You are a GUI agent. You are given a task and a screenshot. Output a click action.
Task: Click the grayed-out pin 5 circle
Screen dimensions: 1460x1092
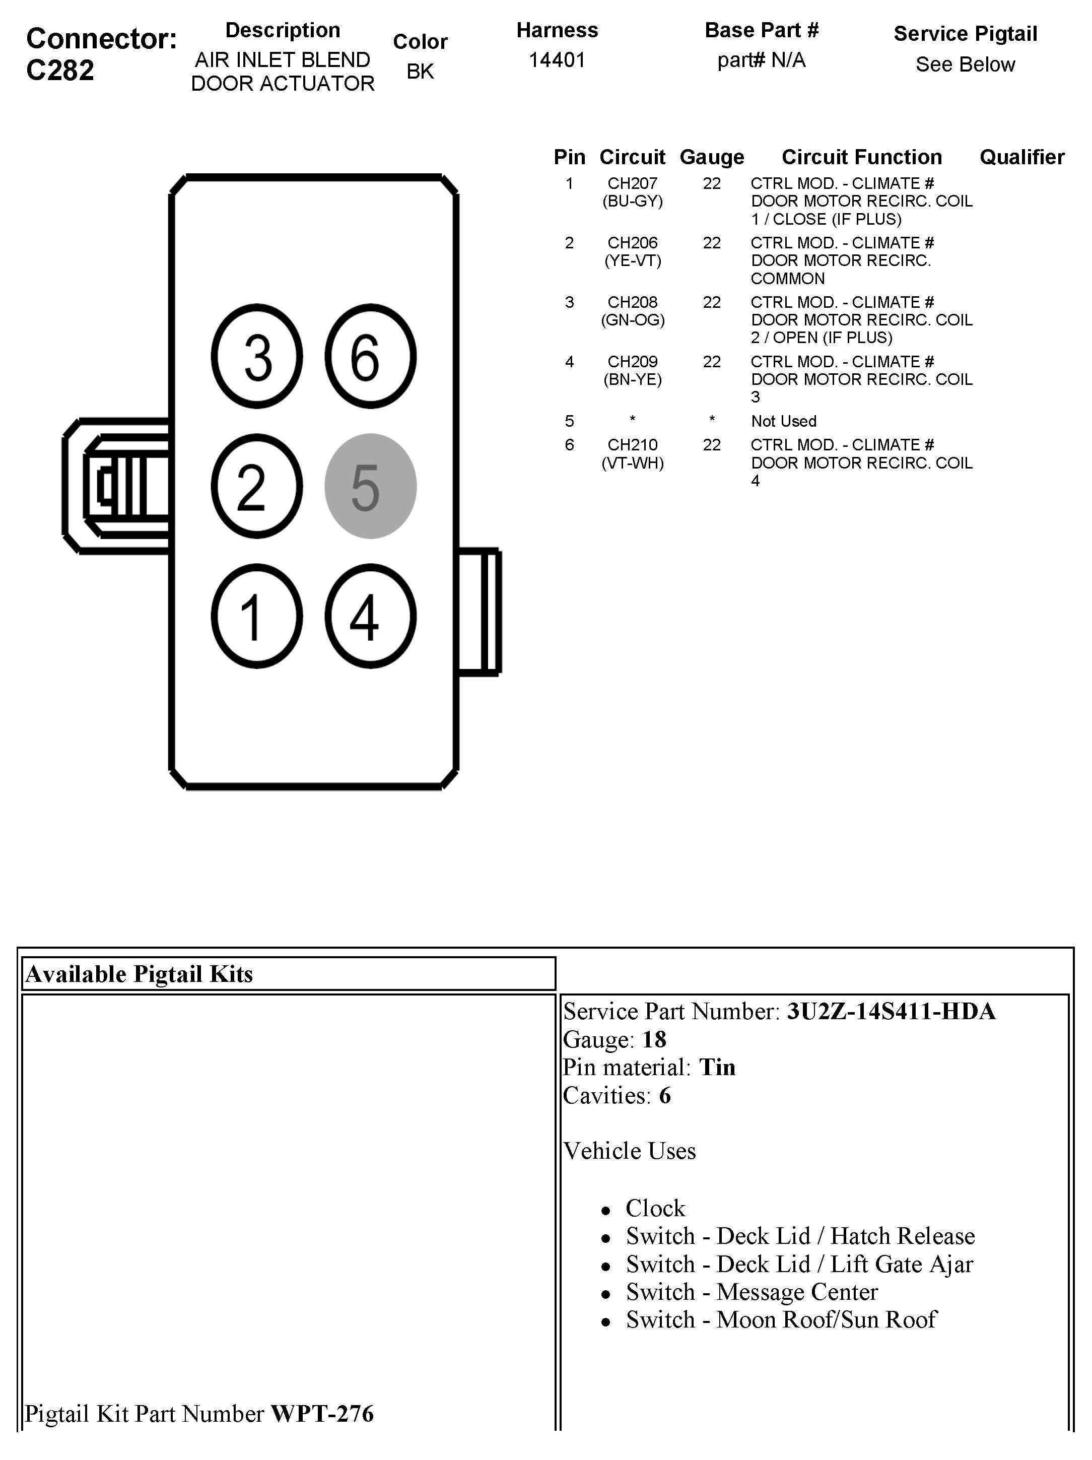tap(370, 487)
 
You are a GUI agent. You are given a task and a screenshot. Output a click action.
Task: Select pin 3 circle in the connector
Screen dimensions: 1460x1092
tap(257, 356)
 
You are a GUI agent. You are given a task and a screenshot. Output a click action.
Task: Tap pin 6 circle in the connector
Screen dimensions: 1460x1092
tap(370, 356)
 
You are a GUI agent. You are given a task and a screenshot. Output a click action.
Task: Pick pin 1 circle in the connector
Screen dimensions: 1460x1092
tap(257, 616)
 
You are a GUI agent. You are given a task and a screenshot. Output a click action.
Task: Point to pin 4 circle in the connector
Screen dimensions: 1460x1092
tap(370, 616)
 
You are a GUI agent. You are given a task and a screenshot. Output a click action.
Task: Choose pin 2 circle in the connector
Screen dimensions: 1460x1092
tap(257, 487)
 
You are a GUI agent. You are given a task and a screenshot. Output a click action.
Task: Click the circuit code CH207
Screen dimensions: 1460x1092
tap(632, 183)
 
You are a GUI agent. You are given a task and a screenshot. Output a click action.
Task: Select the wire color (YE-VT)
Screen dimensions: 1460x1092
tap(632, 261)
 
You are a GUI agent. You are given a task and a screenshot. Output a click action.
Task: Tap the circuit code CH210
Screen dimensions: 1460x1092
tap(632, 445)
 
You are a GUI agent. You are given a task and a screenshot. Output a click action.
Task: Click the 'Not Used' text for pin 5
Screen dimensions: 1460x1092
tap(783, 421)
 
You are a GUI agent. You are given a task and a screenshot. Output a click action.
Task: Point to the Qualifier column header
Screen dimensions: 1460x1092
tap(1021, 157)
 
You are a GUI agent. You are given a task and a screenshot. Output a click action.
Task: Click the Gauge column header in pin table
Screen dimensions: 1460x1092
tap(711, 157)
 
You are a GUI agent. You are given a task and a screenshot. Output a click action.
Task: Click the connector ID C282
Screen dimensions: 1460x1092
tap(60, 71)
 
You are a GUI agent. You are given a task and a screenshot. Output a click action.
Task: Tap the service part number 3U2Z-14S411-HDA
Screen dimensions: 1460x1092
tap(891, 1011)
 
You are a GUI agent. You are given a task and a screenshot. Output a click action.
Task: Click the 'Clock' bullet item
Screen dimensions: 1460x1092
tap(655, 1208)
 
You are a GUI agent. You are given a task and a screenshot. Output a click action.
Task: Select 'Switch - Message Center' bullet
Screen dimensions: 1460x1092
tap(752, 1291)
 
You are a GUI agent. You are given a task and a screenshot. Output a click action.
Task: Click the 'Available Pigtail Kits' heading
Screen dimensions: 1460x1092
tap(139, 974)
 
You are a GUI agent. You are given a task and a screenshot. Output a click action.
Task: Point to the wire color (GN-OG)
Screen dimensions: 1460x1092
tap(632, 320)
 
